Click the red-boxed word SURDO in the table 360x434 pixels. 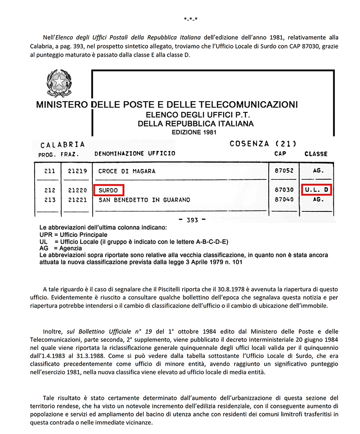(108, 190)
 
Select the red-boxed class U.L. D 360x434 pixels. (316, 190)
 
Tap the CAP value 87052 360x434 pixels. (283, 171)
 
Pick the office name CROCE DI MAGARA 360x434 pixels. (127, 171)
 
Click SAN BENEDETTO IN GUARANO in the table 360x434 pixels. (144, 200)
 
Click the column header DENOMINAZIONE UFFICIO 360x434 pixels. (135, 154)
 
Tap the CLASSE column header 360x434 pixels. (316, 154)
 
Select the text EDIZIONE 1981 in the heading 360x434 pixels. (194, 133)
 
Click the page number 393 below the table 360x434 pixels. (191, 220)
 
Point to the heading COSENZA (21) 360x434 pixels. (263, 144)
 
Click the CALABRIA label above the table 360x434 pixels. (63, 145)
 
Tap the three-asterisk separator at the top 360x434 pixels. (191, 19)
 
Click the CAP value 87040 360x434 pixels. (283, 200)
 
